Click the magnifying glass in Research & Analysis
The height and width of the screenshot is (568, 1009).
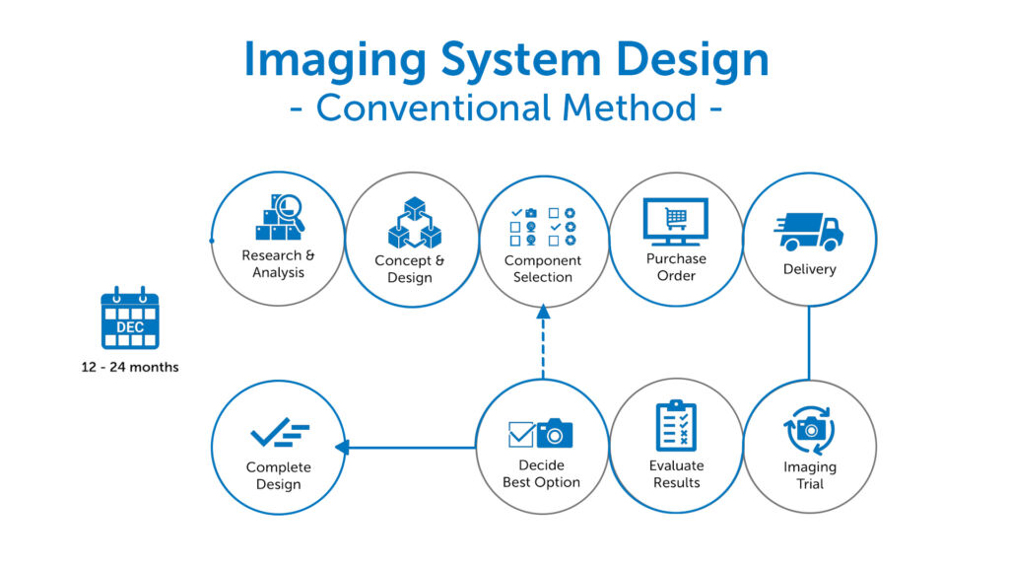[x=290, y=208]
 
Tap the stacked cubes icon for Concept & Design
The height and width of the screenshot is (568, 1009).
[x=414, y=223]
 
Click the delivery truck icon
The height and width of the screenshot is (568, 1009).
[x=809, y=233]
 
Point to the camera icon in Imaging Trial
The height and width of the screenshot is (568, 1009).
[x=810, y=430]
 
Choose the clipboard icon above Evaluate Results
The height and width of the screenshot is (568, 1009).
[x=676, y=425]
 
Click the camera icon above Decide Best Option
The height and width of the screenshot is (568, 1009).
[x=555, y=433]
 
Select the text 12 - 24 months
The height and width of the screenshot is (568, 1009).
[x=130, y=368]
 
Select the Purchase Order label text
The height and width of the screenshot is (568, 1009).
[x=676, y=267]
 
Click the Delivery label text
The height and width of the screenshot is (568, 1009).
[x=809, y=269]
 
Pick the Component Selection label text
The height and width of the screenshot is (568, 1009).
[x=543, y=269]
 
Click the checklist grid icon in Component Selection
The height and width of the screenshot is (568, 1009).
[x=542, y=226]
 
